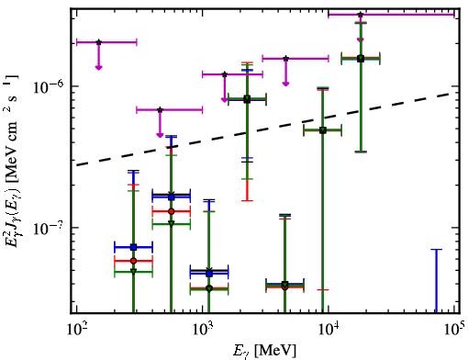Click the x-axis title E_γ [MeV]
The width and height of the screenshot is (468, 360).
[x=264, y=351]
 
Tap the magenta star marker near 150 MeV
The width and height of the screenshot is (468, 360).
[x=98, y=42]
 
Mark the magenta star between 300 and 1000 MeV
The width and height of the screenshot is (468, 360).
[x=160, y=109]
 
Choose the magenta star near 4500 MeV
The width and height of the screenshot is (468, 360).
[x=285, y=59]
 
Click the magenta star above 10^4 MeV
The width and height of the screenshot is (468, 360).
[x=361, y=15]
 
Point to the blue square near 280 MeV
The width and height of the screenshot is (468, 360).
[x=133, y=247]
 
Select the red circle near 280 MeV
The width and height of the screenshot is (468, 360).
[x=133, y=261]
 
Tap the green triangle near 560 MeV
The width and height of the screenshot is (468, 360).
[x=172, y=224]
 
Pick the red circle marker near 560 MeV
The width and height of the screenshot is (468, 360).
[x=172, y=211]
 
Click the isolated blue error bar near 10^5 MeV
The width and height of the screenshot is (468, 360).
[x=437, y=281]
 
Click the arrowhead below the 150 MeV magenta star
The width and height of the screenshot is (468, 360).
[x=98, y=67]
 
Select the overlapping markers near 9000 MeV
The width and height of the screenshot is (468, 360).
[x=323, y=130]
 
